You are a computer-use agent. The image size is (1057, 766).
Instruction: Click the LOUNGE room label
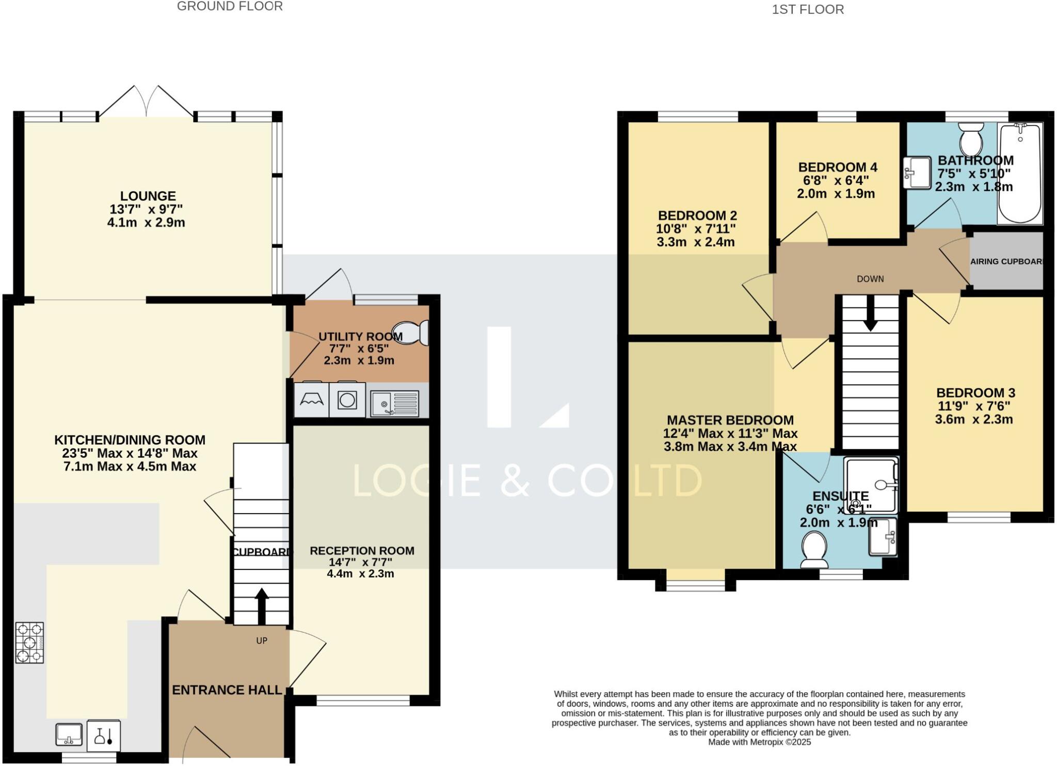pyautogui.click(x=148, y=196)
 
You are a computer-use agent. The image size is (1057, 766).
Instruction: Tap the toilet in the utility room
pyautogui.click(x=411, y=333)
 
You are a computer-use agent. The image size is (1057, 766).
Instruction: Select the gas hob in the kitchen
pyautogui.click(x=30, y=643)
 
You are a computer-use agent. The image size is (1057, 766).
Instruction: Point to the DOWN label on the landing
pyautogui.click(x=870, y=279)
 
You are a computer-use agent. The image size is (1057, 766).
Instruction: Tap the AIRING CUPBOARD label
pyautogui.click(x=1006, y=262)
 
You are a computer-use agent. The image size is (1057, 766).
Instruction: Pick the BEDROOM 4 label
pyautogui.click(x=838, y=167)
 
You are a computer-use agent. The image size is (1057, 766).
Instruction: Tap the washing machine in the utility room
pyautogui.click(x=347, y=400)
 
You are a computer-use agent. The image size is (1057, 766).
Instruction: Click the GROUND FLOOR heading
pyautogui.click(x=230, y=6)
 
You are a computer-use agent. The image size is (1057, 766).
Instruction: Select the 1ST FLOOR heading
pyautogui.click(x=808, y=9)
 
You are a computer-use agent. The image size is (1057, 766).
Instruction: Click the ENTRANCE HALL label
pyautogui.click(x=227, y=690)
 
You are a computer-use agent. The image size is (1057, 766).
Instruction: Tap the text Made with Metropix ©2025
pyautogui.click(x=759, y=742)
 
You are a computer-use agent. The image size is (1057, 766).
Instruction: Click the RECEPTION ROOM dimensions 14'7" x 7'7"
pyautogui.click(x=361, y=562)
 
